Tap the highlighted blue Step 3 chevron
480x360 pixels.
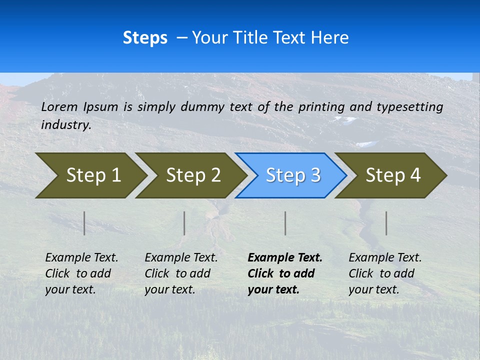coord(293,175)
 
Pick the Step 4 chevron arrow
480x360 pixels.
coord(393,175)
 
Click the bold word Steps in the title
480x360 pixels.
coord(145,38)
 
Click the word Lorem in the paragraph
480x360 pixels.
coord(60,106)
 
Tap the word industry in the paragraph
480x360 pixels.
coord(66,124)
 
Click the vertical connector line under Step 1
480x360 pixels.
coord(84,223)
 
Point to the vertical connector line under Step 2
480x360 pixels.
coord(184,223)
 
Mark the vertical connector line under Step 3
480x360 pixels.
coord(285,223)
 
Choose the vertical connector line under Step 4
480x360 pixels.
coord(386,223)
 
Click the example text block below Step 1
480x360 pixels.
coord(81,273)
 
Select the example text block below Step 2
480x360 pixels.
coord(181,273)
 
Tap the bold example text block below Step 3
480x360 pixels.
coord(284,273)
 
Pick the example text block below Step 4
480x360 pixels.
coord(385,273)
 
